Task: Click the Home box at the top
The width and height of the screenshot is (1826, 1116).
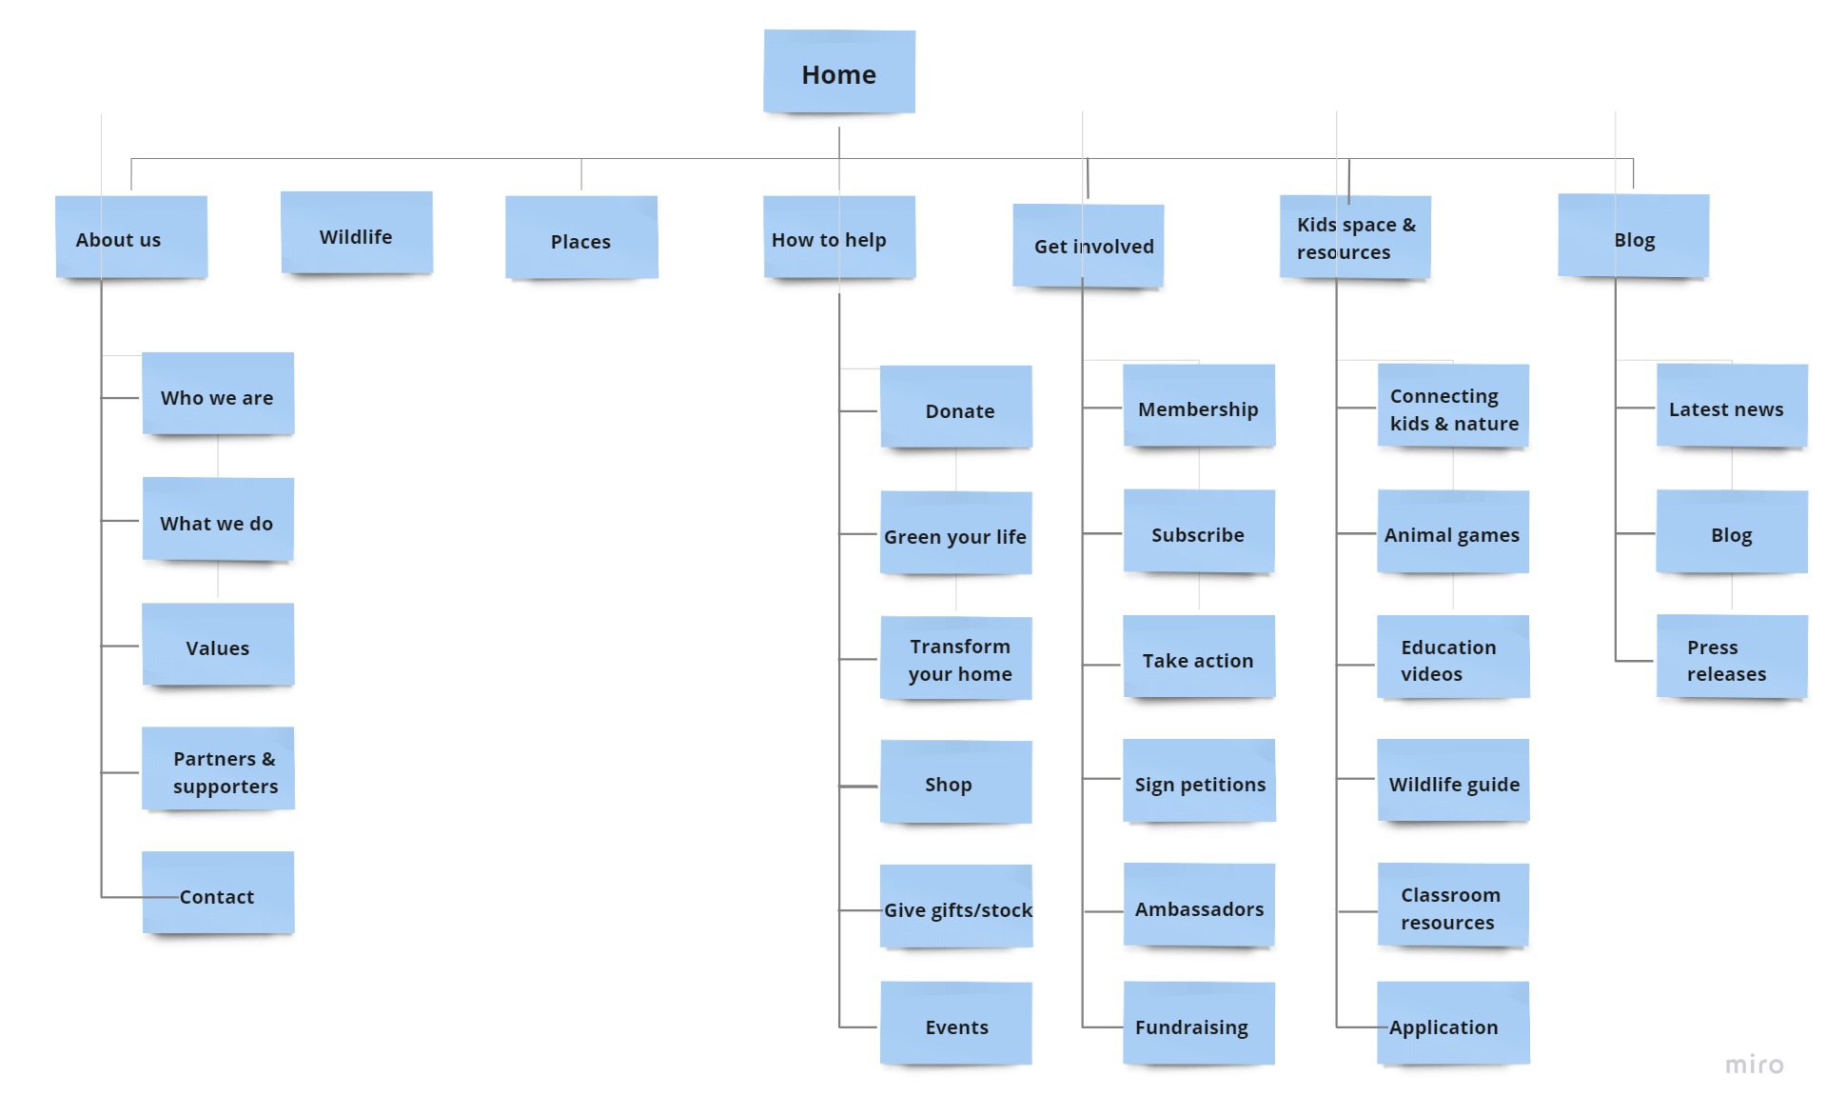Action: click(x=838, y=73)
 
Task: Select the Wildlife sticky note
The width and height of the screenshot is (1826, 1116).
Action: click(x=356, y=235)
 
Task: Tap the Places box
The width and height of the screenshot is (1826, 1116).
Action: click(x=580, y=239)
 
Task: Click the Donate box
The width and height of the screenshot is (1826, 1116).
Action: click(x=955, y=409)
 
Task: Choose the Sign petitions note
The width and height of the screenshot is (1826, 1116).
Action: click(x=1199, y=782)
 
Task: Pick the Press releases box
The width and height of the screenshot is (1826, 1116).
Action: click(x=1731, y=659)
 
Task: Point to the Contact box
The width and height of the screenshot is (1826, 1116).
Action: click(x=218, y=894)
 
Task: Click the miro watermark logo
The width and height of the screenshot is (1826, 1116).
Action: click(x=1754, y=1064)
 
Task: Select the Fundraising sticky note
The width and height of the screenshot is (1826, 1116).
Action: click(x=1198, y=1025)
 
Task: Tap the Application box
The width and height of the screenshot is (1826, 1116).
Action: click(x=1452, y=1025)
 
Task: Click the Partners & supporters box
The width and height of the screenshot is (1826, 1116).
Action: click(x=218, y=770)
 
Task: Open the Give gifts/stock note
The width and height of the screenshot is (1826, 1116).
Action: click(x=955, y=907)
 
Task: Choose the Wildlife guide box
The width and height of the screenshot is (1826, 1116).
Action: click(x=1452, y=782)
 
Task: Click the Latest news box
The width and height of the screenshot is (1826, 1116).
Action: click(x=1731, y=408)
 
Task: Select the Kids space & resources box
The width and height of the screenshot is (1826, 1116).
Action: click(x=1355, y=238)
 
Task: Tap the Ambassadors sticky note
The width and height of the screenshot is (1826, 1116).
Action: click(x=1198, y=907)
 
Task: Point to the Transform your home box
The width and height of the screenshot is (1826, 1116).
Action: click(x=955, y=659)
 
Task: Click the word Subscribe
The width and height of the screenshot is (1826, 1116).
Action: click(x=1197, y=535)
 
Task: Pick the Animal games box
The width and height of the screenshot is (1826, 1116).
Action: click(x=1452, y=533)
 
